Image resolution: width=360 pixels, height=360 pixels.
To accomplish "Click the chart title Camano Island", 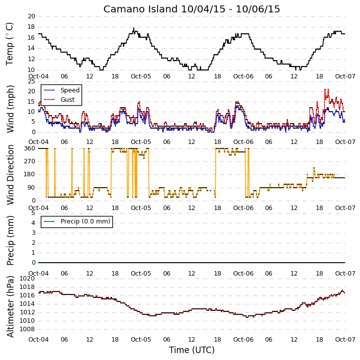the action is pos(140,9).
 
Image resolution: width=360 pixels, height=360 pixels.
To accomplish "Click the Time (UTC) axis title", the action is pos(192,350).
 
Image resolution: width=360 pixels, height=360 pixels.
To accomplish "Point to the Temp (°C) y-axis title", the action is pos(9,44).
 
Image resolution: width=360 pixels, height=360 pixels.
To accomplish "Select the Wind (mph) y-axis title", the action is pos(10,109).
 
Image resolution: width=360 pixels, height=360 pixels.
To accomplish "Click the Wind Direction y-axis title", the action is pos(10,175).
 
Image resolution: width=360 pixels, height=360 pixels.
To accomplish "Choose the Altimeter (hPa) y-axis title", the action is pos(10,306).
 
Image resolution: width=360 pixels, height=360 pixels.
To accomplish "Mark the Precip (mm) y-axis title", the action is pos(10,241).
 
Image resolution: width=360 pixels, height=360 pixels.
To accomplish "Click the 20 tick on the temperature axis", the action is pos(31,16).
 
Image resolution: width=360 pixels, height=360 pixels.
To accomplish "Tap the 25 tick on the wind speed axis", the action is pos(31,81).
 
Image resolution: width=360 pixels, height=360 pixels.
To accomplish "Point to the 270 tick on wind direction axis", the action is pos(30,161).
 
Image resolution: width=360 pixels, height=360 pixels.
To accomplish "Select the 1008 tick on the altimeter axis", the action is pos(28,329).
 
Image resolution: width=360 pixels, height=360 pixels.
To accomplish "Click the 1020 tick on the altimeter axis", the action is pos(28,279).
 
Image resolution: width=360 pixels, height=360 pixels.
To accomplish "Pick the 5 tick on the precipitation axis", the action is pos(33,213).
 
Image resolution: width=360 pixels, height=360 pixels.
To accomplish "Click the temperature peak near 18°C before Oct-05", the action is pos(134,28).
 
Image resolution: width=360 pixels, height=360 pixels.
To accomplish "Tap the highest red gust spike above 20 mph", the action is pos(325,89).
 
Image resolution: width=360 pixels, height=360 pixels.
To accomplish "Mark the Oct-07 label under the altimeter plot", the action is pos(345,339).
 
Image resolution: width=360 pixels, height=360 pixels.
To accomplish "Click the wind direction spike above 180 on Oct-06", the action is pos(314,168).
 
